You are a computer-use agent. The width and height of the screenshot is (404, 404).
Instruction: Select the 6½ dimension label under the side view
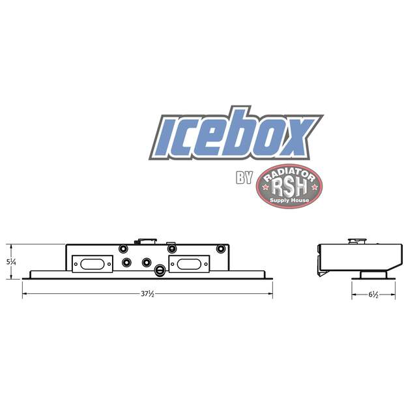tap(373, 295)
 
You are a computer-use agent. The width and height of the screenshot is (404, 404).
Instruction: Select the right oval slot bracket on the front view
tap(190, 263)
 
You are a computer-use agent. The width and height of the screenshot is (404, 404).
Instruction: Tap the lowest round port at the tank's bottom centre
tap(160, 268)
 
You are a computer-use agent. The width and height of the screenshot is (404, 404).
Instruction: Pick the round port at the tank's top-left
tap(123, 248)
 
